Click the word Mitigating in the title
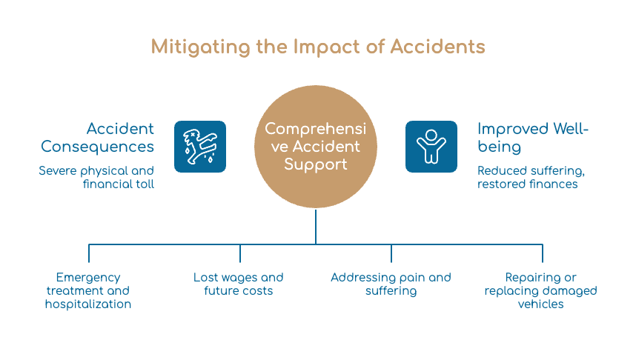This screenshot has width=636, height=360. [201, 47]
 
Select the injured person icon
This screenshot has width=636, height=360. [200, 147]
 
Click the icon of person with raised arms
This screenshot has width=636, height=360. [431, 147]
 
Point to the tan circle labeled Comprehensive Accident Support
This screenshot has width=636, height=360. [316, 147]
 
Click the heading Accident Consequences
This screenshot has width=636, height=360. [97, 138]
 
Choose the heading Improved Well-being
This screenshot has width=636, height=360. [532, 138]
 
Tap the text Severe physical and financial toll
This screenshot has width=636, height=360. [96, 177]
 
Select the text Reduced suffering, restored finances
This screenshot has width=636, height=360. [531, 177]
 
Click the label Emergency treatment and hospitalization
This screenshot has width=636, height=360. [88, 290]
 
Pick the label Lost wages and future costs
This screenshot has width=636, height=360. [239, 284]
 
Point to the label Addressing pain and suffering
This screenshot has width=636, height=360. [391, 284]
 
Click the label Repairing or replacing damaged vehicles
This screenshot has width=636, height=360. [540, 290]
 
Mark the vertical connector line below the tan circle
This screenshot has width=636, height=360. [316, 226]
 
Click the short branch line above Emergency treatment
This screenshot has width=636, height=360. [89, 253]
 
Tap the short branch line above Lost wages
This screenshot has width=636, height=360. [240, 253]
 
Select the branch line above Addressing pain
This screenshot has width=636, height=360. [391, 253]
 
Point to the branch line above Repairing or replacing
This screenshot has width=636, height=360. [543, 253]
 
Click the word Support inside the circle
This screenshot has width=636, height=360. [316, 164]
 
